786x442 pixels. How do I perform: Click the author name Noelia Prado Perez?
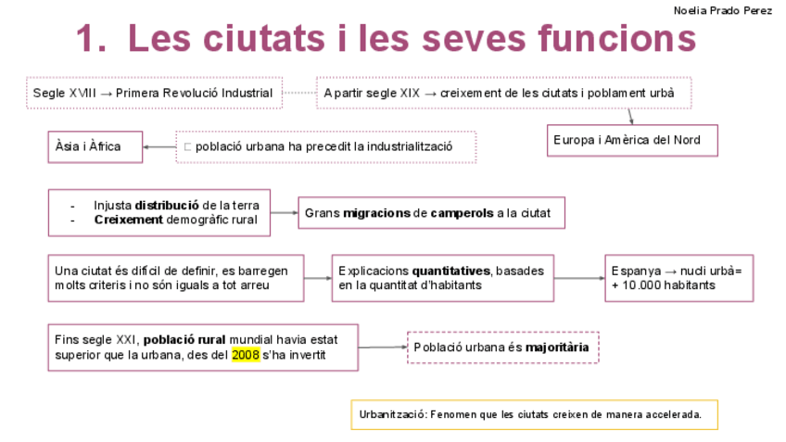click(722, 10)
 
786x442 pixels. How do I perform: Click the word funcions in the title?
click(615, 40)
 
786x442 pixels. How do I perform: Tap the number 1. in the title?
click(95, 40)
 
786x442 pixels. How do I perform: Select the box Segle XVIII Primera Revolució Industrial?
click(153, 93)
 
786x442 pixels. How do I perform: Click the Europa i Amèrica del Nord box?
click(632, 140)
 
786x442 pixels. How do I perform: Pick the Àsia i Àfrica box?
click(95, 146)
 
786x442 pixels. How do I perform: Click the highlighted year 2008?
click(246, 355)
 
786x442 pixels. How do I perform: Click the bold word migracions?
click(376, 213)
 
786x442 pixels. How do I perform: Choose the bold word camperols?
click(462, 213)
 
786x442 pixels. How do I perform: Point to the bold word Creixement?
click(129, 221)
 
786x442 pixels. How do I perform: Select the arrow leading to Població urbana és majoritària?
click(382, 347)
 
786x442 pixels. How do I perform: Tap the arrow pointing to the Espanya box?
click(579, 278)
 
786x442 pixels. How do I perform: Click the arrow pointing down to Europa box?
click(630, 116)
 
